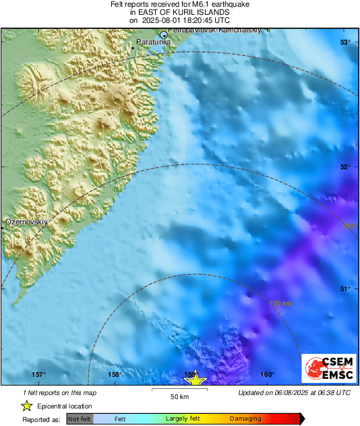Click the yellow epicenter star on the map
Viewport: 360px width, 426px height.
[x=196, y=379]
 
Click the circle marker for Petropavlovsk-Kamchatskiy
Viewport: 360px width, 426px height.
[x=163, y=34]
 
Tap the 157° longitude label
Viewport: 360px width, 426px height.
[x=38, y=375]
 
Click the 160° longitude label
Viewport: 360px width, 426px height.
[x=267, y=375]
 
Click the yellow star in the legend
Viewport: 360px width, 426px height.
[x=26, y=406]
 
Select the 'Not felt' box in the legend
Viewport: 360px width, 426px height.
[x=80, y=419]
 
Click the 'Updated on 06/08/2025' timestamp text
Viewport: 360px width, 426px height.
[x=295, y=392]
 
